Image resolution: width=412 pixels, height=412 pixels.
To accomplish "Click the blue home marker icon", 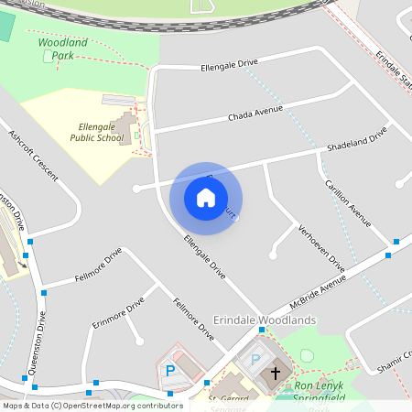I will tap(206, 197).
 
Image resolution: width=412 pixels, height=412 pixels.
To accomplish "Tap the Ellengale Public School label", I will tap(96, 133).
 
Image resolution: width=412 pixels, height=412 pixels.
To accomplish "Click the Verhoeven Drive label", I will tap(322, 245).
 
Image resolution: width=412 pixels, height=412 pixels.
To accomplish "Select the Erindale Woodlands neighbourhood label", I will tap(264, 320).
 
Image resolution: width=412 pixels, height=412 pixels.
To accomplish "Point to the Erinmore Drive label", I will tap(118, 312).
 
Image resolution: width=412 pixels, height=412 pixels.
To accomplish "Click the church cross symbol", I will tap(276, 374).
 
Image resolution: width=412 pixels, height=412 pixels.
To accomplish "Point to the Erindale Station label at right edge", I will tap(393, 69).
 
